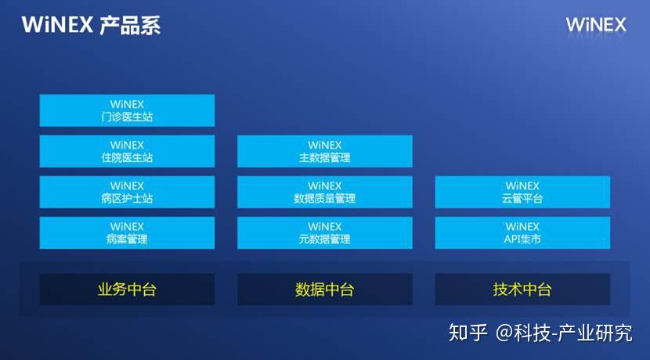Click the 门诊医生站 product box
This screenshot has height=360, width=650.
tap(127, 110)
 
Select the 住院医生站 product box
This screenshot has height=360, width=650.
tap(127, 151)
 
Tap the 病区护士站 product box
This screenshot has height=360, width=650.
tap(127, 192)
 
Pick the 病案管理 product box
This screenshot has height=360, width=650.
tap(127, 232)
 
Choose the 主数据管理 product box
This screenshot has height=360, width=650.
tap(324, 151)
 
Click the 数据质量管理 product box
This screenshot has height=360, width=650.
tap(324, 192)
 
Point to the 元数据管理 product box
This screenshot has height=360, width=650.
tap(324, 232)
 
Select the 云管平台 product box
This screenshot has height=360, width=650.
tap(522, 192)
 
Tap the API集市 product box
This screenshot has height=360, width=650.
tap(522, 232)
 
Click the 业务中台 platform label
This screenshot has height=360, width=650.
tap(127, 290)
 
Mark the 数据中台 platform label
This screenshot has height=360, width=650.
tap(324, 290)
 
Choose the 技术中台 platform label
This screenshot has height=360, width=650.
tap(522, 290)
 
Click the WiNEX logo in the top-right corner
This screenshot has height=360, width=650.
tap(596, 25)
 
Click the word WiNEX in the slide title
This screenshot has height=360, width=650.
tap(58, 25)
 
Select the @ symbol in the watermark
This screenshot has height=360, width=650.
tap(504, 333)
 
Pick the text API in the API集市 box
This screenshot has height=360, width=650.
tap(513, 239)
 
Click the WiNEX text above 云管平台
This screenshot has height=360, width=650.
tap(522, 185)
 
